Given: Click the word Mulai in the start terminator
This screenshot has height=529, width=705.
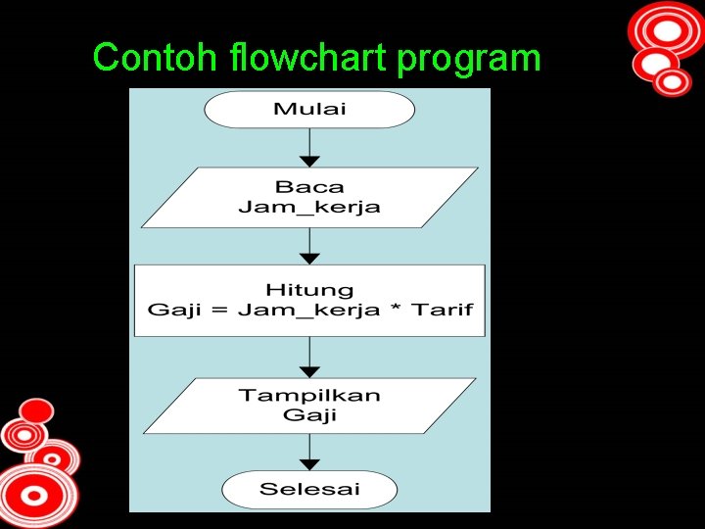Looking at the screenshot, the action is point(309,108).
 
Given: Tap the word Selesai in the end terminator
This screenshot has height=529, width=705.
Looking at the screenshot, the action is point(309,489).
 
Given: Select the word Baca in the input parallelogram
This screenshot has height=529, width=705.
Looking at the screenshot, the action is point(309,186).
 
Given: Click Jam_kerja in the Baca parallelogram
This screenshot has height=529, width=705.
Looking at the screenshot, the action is point(309,207).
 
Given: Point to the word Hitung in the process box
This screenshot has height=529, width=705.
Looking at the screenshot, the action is point(309,290).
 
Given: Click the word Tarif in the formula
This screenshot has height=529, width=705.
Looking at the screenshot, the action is point(442,311).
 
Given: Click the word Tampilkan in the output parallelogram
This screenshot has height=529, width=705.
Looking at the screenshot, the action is point(309,396).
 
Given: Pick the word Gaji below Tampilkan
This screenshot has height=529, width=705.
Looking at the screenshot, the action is point(309,415).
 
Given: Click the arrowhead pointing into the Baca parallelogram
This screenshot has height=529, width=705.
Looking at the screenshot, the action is point(309,161).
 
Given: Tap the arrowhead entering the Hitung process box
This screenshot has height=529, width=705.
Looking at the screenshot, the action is point(309,259).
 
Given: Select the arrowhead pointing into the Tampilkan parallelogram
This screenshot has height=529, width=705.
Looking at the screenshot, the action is point(309,372).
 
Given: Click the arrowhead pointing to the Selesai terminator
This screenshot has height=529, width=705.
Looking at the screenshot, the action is point(309,465).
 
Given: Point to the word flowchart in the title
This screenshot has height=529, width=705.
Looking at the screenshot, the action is point(299,59).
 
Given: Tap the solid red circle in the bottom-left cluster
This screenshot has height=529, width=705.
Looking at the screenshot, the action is point(36,409).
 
